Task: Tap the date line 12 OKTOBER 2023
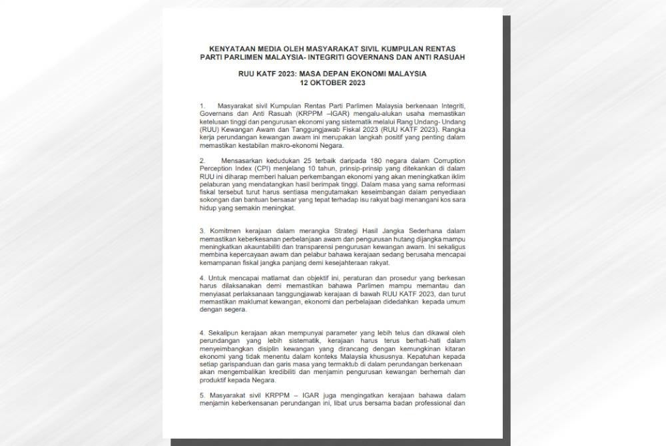tap(332, 84)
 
